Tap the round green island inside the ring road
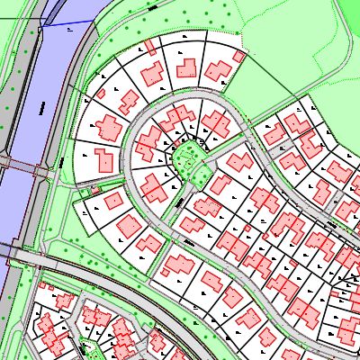click(186, 159)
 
